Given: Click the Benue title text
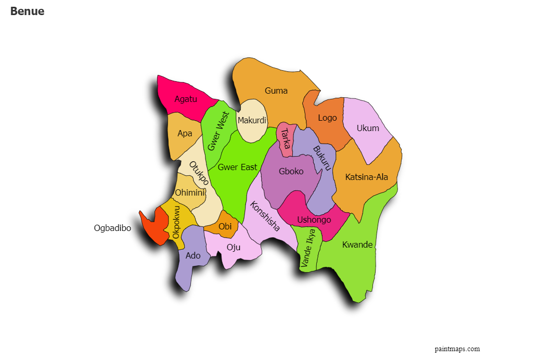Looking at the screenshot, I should (x=27, y=11).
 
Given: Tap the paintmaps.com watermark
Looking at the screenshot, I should (x=457, y=349).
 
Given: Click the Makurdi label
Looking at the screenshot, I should (x=252, y=121).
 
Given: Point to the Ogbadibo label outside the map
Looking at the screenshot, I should (x=112, y=228).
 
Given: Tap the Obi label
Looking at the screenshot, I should (x=225, y=226).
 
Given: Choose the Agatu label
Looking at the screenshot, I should (x=186, y=99).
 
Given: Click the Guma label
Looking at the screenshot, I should (x=276, y=91).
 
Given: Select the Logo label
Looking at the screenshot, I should (x=327, y=118).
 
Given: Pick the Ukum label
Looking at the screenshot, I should (x=368, y=128).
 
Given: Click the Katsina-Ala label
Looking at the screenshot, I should (x=367, y=177).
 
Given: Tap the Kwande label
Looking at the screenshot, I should (x=357, y=245).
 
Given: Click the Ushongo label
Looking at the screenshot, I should (x=314, y=220).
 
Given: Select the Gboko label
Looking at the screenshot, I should (x=291, y=171).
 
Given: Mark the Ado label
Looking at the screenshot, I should (x=193, y=255).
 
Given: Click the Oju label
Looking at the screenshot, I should (x=234, y=247).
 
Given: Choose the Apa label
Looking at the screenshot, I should (x=185, y=133).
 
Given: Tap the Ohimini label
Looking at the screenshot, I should (x=189, y=192).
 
